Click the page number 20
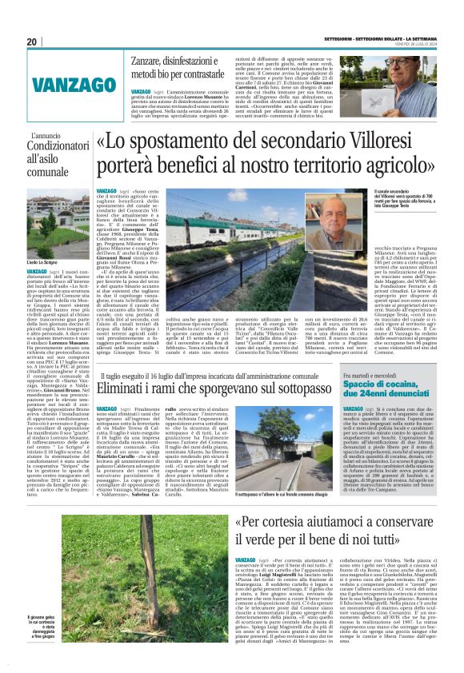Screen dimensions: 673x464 coord(32,42)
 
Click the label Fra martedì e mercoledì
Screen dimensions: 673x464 coord(370,375)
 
